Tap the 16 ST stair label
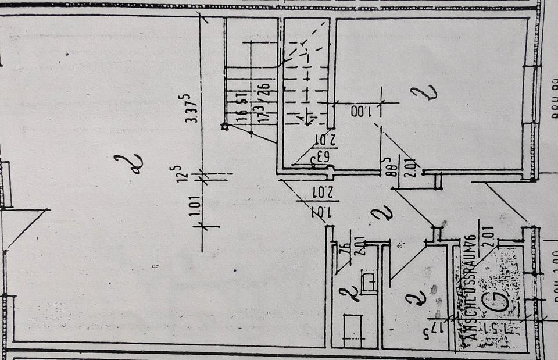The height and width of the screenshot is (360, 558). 239,106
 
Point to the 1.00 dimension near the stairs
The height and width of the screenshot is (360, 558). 362,110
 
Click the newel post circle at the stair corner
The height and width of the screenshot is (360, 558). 224,126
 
